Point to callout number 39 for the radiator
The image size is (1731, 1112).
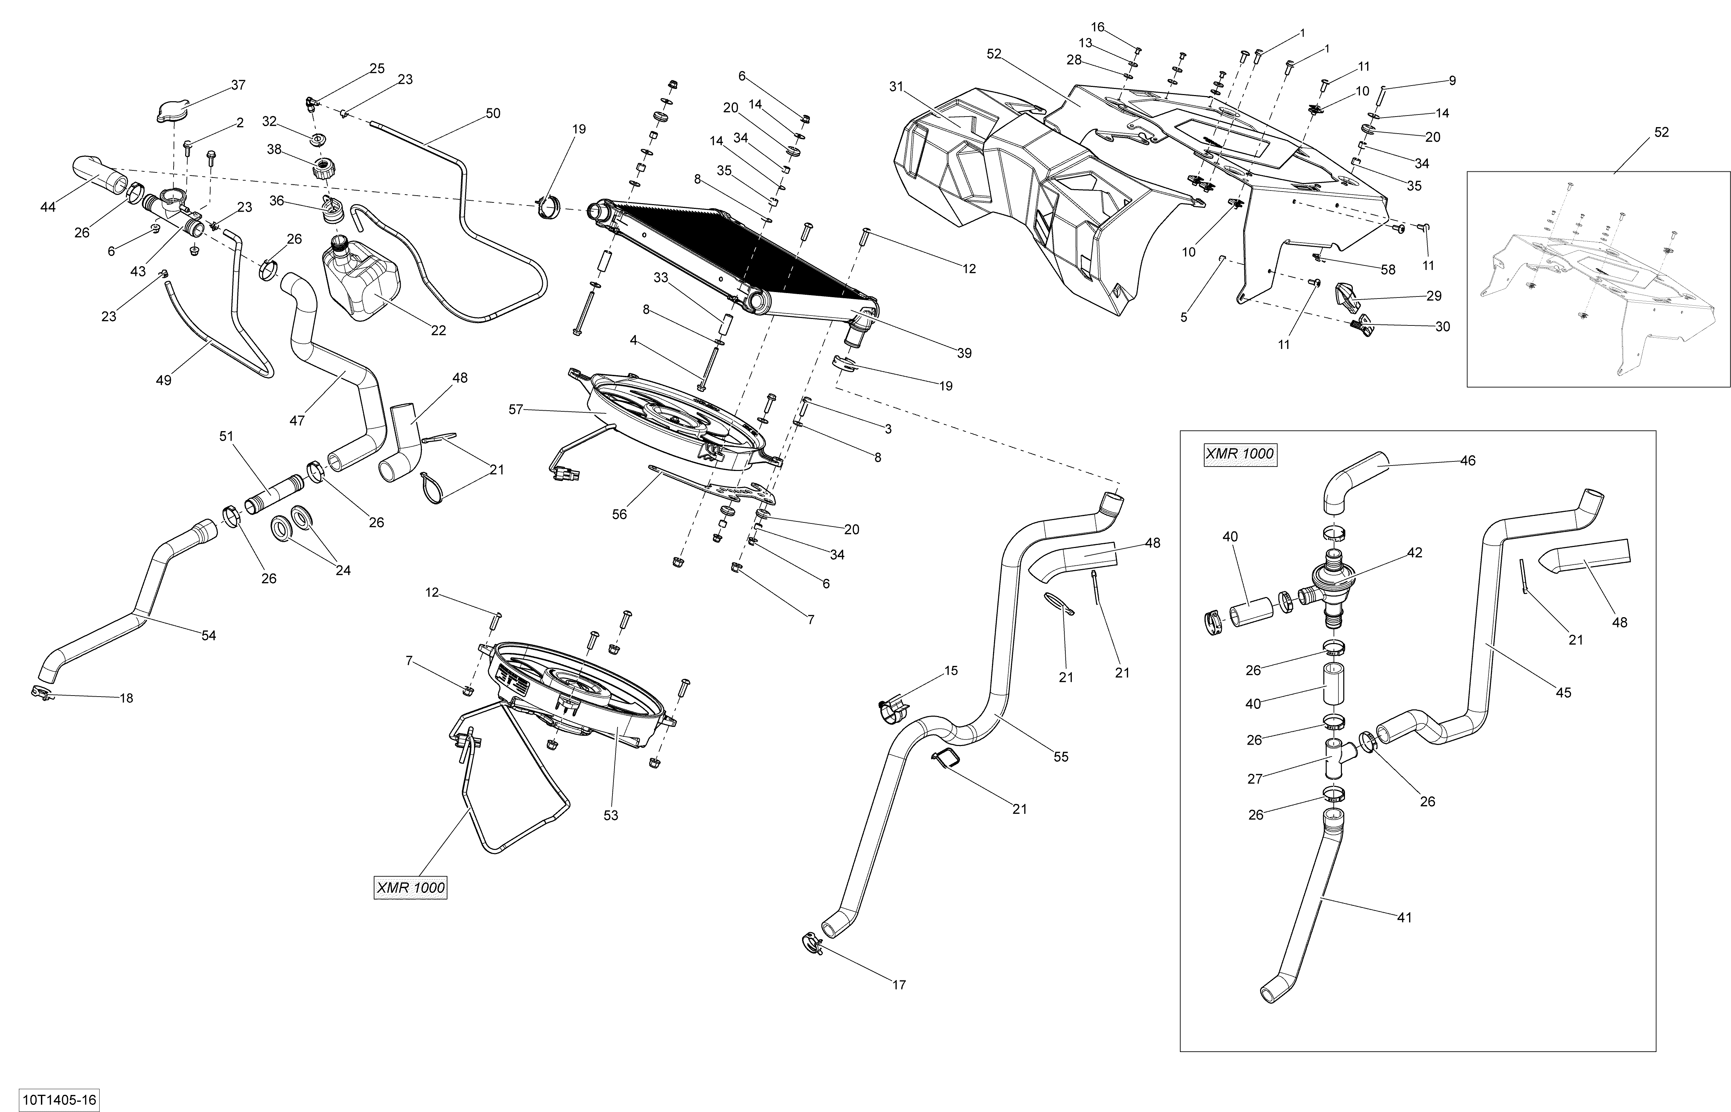point(964,353)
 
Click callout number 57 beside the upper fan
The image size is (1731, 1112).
point(515,409)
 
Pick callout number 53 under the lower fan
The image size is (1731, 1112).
point(610,815)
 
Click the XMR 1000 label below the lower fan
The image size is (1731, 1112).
point(410,887)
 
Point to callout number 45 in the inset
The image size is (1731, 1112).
point(1563,692)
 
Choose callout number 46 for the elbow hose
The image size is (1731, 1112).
point(1467,460)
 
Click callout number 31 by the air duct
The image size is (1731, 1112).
point(896,87)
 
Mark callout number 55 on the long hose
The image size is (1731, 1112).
point(1061,757)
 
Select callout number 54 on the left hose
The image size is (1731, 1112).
point(208,636)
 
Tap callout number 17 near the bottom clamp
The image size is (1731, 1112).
point(899,984)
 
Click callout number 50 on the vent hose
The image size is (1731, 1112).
point(493,113)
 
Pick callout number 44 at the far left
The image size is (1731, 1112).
point(48,207)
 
